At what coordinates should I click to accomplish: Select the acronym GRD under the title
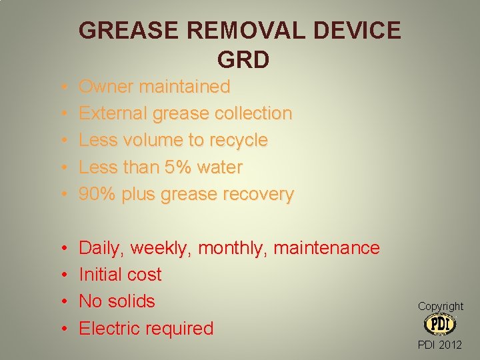tap(243, 60)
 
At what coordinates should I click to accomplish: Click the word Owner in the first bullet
tap(106, 87)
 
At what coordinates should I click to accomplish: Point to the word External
tap(113, 113)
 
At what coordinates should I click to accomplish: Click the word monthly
tap(233, 248)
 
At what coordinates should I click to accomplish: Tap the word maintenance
tap(327, 248)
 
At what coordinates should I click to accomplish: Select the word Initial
tap(98, 275)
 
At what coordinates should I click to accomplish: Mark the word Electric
tap(110, 328)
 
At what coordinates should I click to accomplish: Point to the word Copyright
tap(440, 306)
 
